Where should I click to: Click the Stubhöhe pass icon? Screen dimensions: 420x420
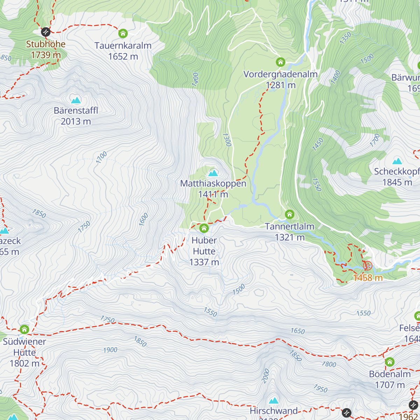pyautogui.click(x=46, y=32)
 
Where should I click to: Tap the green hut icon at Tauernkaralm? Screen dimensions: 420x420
pyautogui.click(x=123, y=34)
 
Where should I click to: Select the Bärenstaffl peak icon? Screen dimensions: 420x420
pyautogui.click(x=76, y=100)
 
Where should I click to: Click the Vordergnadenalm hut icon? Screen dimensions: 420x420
pyautogui.click(x=280, y=62)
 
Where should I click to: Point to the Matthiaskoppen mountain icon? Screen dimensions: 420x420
pyautogui.click(x=213, y=173)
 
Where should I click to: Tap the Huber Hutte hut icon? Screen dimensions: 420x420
pyautogui.click(x=204, y=229)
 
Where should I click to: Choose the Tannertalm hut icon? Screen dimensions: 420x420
pyautogui.click(x=289, y=214)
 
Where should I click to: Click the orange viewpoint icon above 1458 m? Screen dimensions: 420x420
pyautogui.click(x=367, y=266)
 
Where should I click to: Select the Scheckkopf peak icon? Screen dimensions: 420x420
pyautogui.click(x=397, y=161)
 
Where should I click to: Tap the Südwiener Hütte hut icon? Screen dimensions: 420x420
pyautogui.click(x=24, y=329)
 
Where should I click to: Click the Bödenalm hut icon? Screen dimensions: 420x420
pyautogui.click(x=390, y=362)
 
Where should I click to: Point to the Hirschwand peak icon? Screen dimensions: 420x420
pyautogui.click(x=274, y=400)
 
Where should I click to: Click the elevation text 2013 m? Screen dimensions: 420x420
pyautogui.click(x=76, y=121)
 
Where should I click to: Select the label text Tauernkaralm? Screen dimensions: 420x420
pyautogui.click(x=123, y=45)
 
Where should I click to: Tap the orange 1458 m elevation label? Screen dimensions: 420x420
pyautogui.click(x=367, y=278)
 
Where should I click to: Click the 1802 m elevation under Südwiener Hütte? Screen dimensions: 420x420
pyautogui.click(x=24, y=363)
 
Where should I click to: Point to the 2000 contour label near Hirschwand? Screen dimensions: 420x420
pyautogui.click(x=266, y=376)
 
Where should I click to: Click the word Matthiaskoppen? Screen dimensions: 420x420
pyautogui.click(x=213, y=183)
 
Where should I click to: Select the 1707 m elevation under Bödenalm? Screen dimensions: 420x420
pyautogui.click(x=390, y=385)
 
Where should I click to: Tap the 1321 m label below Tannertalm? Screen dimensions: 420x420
pyautogui.click(x=289, y=237)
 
